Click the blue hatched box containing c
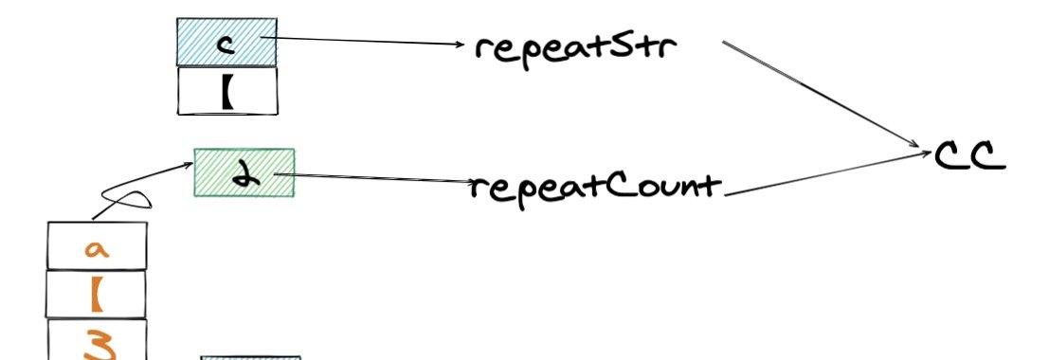(x=226, y=42)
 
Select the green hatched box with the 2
(x=244, y=172)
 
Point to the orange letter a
(x=97, y=249)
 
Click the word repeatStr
(x=576, y=48)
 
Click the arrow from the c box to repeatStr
(x=362, y=41)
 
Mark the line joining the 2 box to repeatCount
(x=374, y=178)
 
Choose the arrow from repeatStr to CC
(x=822, y=94)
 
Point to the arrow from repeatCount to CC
(x=827, y=174)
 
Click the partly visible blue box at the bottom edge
(x=251, y=358)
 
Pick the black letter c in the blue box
(x=227, y=45)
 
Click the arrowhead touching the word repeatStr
(x=459, y=45)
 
